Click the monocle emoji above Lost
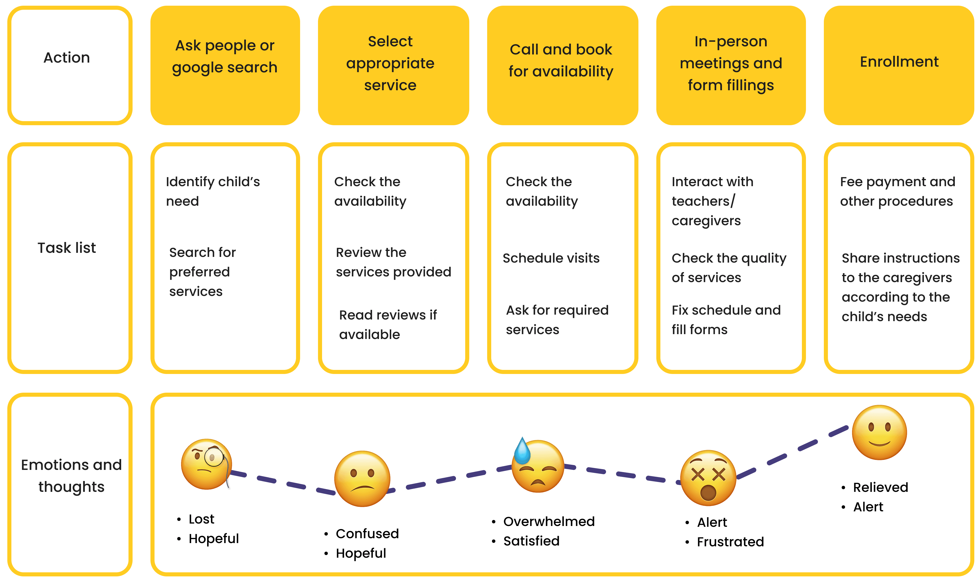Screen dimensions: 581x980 click(206, 464)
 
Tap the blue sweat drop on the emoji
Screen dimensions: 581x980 click(522, 452)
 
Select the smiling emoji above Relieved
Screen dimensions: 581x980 click(879, 432)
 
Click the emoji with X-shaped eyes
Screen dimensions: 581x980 click(708, 478)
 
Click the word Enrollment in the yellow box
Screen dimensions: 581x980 click(899, 62)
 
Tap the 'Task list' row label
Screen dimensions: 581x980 click(67, 248)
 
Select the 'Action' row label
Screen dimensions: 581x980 click(67, 57)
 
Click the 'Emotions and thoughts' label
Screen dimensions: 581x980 click(71, 476)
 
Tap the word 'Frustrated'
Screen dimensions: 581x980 click(730, 542)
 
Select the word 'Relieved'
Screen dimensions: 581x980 click(881, 488)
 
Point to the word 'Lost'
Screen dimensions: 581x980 click(201, 519)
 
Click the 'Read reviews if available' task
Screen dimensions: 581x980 click(388, 325)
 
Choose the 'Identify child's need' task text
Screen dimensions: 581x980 click(213, 191)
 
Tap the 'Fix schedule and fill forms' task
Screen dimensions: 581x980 click(726, 319)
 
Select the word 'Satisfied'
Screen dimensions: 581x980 click(531, 541)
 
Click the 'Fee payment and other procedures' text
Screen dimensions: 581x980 click(897, 191)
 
